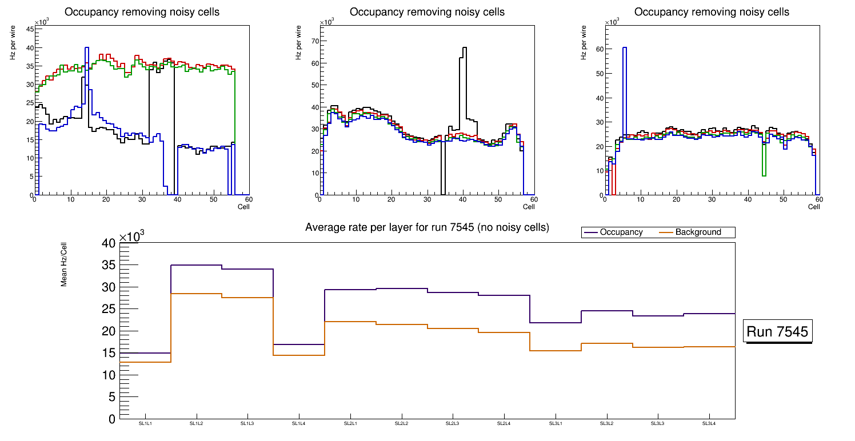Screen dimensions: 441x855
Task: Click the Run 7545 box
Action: (778, 331)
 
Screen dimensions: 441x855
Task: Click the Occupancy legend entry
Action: (621, 232)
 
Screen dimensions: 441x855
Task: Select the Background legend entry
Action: (698, 232)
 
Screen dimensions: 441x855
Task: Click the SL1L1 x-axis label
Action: (145, 423)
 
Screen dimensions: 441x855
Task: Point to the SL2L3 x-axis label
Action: (453, 423)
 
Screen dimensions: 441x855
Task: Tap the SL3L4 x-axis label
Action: (709, 423)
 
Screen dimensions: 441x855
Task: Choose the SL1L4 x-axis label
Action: (299, 423)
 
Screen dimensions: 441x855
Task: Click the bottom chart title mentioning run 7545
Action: (427, 227)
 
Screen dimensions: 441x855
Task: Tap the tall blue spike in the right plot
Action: (625, 48)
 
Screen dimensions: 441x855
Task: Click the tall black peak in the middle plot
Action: (465, 48)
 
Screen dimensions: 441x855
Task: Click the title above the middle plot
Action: (427, 12)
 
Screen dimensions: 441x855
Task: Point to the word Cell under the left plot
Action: (243, 206)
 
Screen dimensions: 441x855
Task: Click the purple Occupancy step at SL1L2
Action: (197, 265)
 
